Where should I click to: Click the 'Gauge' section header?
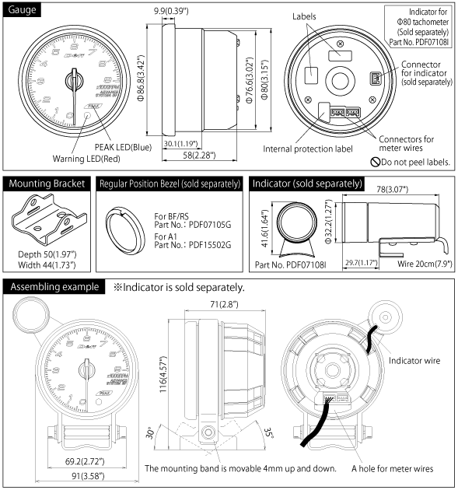pos(23,9)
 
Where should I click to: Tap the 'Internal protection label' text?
pos(307,149)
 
